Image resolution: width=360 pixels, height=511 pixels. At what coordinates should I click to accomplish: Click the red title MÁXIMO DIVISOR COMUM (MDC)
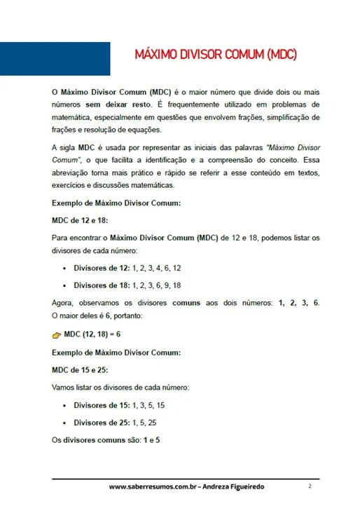(x=216, y=55)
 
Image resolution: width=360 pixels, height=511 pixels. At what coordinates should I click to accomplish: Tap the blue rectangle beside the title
(x=55, y=58)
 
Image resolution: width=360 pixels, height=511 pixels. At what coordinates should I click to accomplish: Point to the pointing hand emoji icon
(x=57, y=335)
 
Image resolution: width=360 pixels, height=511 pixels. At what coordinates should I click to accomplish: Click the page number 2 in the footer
(x=309, y=486)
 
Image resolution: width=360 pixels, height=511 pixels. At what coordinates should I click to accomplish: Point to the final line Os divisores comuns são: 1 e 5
(x=106, y=440)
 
